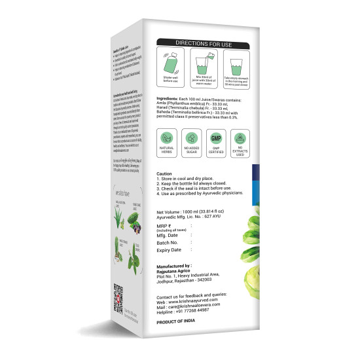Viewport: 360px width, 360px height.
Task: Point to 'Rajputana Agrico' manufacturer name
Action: click(x=177, y=271)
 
